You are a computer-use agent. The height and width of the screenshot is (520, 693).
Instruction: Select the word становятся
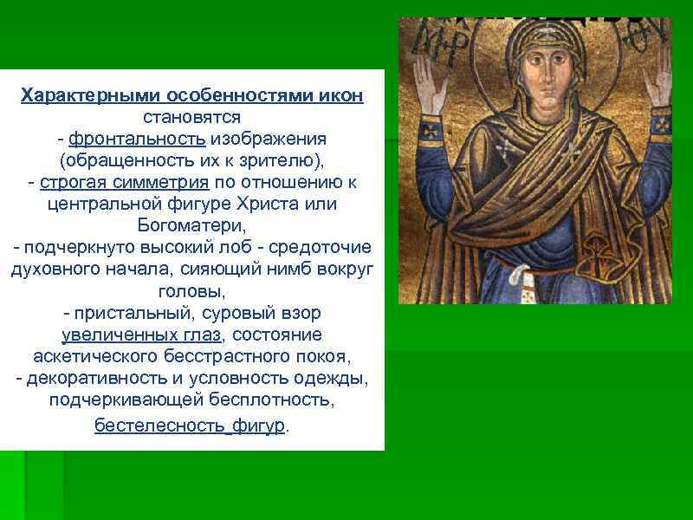pyautogui.click(x=191, y=116)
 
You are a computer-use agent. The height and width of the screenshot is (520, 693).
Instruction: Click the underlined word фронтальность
pyautogui.click(x=136, y=139)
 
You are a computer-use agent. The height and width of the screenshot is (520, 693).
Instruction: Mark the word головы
pyautogui.click(x=191, y=292)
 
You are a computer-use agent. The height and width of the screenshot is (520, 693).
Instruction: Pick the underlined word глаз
pyautogui.click(x=202, y=335)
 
